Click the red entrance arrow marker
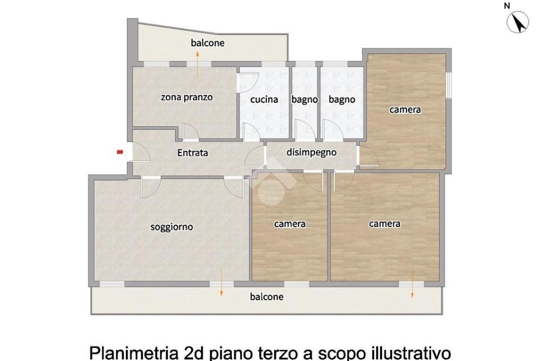120,152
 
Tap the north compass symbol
518,22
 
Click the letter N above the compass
507,5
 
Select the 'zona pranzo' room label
187,97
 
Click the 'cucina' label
264,100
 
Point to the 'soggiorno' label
171,227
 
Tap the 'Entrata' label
193,152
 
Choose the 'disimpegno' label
311,152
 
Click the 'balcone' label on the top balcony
207,43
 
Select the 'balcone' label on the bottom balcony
267,296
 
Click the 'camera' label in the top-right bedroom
405,110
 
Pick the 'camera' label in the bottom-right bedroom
385,224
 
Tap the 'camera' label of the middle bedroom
290,224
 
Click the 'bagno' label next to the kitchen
304,100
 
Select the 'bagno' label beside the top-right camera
342,100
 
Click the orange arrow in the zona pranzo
197,65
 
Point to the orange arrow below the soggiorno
221,283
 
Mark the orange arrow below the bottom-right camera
412,285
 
